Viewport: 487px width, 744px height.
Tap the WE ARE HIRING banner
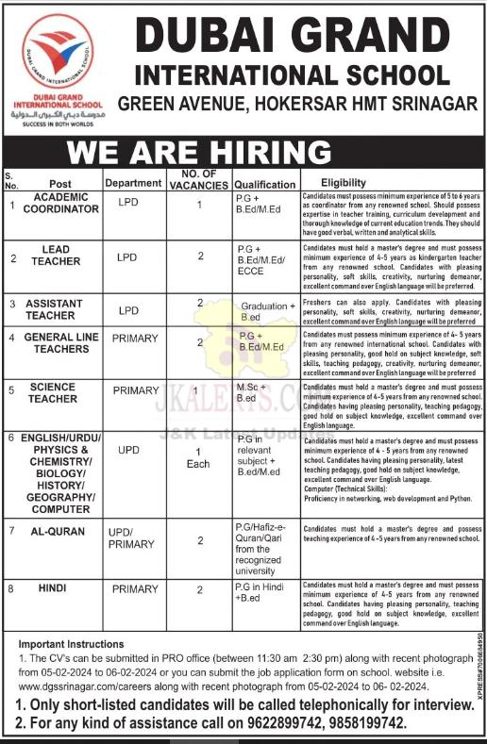click(200, 152)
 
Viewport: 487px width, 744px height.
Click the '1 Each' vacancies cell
click(199, 457)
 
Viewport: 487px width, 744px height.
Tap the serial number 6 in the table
click(11, 438)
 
